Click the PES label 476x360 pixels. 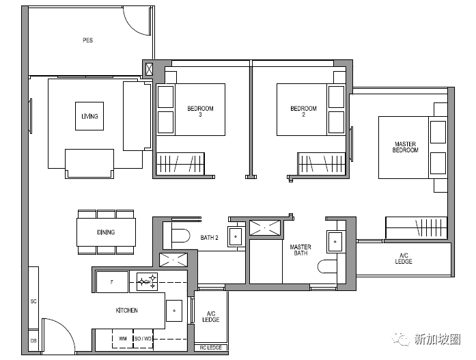point(87,40)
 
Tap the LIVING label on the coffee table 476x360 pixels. point(89,116)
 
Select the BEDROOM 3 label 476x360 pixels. point(200,111)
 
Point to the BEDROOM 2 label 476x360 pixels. point(304,111)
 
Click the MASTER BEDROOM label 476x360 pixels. point(405,147)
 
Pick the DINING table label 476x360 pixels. point(106,232)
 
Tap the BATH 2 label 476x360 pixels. point(209,237)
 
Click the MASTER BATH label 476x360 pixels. point(300,250)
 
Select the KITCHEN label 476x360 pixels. point(126,310)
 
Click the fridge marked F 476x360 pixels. point(112,282)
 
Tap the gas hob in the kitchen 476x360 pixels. point(147,282)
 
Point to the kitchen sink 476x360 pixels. point(174,311)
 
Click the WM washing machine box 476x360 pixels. point(123,338)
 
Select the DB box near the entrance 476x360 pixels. point(33,341)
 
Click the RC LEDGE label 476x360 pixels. point(210,348)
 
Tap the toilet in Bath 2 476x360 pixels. point(180,236)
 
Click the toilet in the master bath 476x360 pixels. point(327,266)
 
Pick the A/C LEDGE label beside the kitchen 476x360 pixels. point(210,316)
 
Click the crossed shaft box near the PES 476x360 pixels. point(149,69)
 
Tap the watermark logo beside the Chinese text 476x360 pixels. point(401,338)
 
